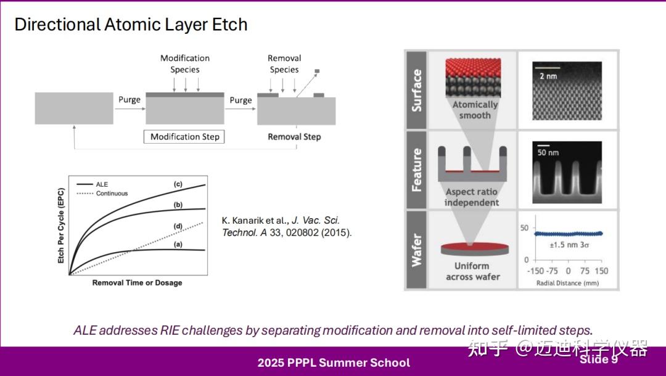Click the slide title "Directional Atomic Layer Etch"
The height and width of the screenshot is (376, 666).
point(131,25)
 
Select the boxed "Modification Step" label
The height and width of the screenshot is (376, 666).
point(184,137)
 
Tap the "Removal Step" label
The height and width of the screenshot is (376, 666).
point(294,137)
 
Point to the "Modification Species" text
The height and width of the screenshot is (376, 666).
point(185,63)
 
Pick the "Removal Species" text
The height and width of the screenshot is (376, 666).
point(284,63)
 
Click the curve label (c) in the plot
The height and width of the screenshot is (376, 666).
point(178,184)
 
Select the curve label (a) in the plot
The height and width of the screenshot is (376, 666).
point(178,245)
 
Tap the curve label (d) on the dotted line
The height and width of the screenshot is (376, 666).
point(178,226)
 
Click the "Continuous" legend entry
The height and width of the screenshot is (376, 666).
point(112,194)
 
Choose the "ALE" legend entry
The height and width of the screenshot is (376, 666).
point(102,184)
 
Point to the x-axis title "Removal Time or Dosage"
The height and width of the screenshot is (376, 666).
point(137,283)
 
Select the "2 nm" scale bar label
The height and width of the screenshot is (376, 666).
point(548,76)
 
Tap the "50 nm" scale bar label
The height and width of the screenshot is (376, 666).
point(546,152)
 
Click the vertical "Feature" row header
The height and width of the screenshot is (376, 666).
point(417,170)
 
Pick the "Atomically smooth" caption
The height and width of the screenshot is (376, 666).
point(475,110)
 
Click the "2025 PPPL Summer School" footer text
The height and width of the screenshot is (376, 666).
point(334,362)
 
